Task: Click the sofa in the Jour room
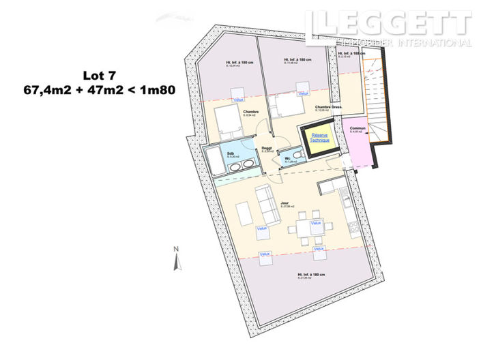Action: pyautogui.click(x=267, y=204)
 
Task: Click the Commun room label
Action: pyautogui.click(x=356, y=128)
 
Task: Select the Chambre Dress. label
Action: pyautogui.click(x=328, y=108)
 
